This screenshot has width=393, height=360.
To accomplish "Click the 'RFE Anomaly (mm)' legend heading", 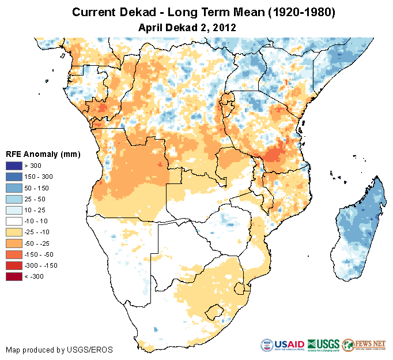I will (43, 154).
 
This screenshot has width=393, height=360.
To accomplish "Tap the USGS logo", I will (323, 345).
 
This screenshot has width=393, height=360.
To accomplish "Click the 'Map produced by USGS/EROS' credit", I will (59, 350).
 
